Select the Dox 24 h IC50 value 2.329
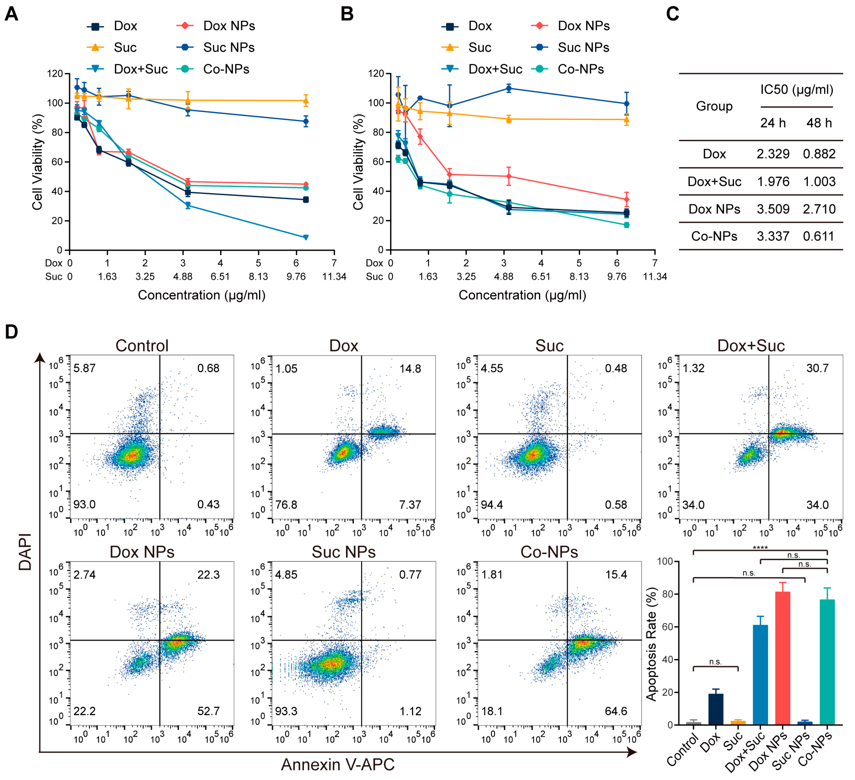click(773, 154)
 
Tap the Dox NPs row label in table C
click(714, 209)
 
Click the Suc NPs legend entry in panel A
click(215, 48)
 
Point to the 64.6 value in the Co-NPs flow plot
click(616, 711)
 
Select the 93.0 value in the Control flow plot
click(84, 504)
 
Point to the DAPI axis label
click(26, 551)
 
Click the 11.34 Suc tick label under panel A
click(334, 277)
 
